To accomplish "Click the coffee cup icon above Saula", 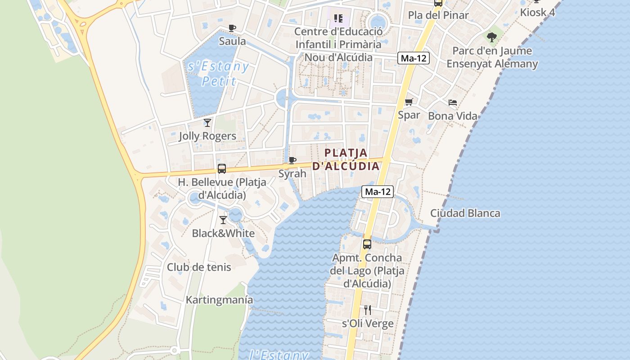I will point(232,28).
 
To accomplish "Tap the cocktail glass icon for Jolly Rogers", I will point(207,122).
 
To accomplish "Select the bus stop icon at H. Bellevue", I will point(222,169).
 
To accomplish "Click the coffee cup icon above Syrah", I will point(292,160).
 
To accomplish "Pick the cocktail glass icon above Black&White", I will point(223,220).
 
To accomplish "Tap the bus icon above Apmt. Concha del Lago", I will point(367,244).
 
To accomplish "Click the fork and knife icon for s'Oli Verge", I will point(368,310).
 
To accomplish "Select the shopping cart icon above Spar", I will point(409,102).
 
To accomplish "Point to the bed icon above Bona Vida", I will point(453,103).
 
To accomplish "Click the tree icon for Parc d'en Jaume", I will point(492,37).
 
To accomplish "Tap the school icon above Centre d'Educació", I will point(338,18).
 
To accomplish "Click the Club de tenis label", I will point(199,267).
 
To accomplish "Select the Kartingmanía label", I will point(220,300).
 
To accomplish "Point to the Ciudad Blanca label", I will point(465,213).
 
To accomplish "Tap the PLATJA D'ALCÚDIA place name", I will point(346,159).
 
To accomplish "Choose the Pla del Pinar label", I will point(438,15).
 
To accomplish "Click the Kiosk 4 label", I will point(537,12).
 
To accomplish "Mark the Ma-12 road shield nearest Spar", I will point(413,58).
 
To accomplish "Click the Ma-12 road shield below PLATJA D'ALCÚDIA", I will point(378,192).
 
